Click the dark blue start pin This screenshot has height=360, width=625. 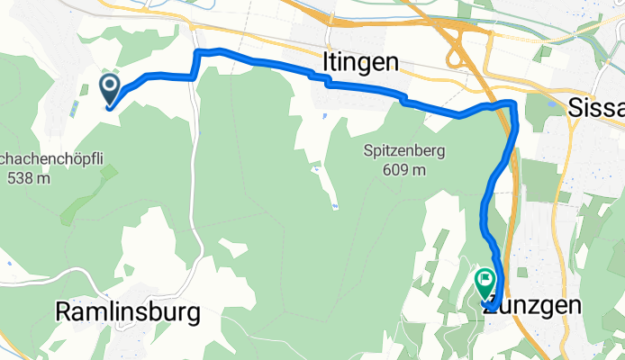coord(109,90)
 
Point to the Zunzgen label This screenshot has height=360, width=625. coord(531,306)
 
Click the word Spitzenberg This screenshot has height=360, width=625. coord(405,150)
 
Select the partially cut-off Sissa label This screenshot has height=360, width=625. coord(596,108)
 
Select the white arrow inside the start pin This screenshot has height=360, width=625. coord(109,87)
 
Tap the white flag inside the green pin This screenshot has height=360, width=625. coord(486,281)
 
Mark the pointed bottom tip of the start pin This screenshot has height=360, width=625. coord(109,108)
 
